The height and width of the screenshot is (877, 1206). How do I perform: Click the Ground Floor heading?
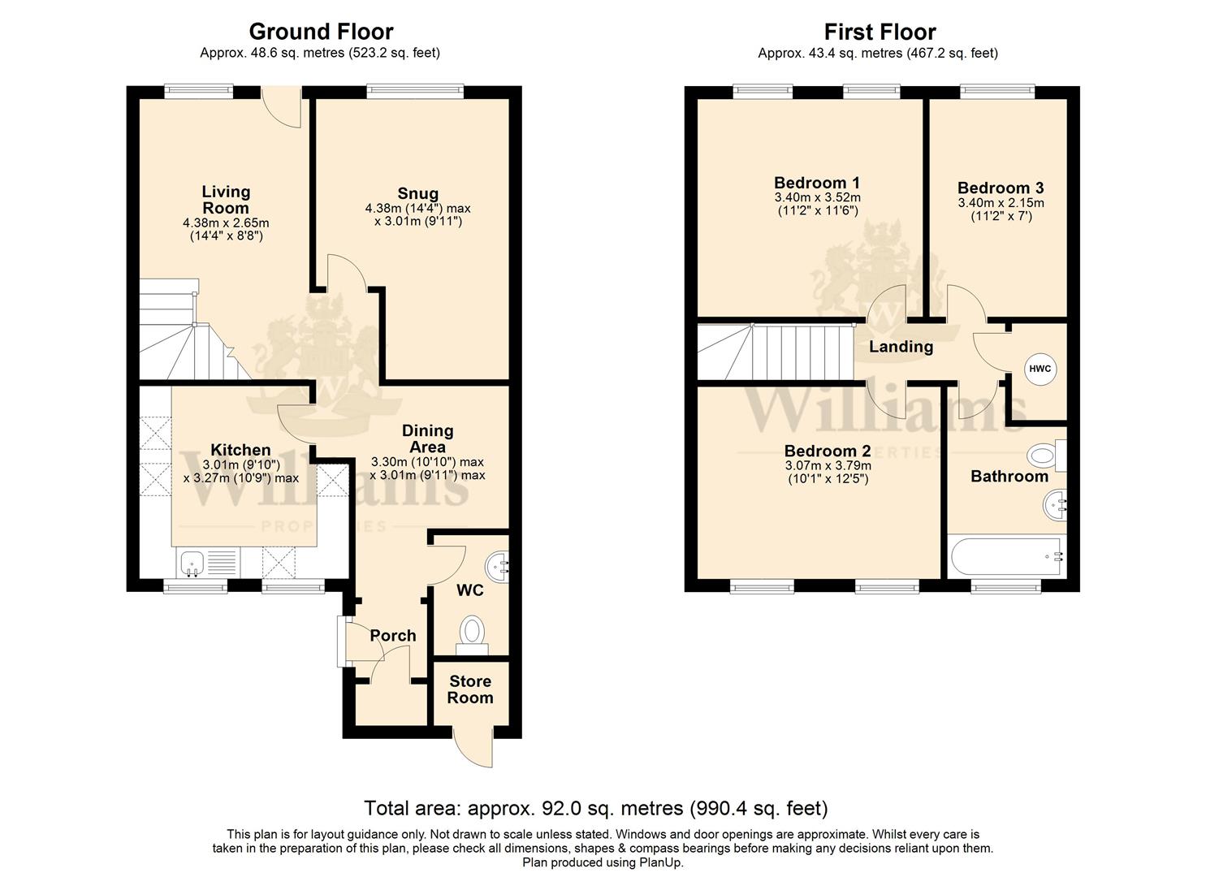point(321,32)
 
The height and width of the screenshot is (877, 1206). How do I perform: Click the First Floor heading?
point(880,32)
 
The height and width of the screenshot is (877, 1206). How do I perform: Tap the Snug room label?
point(417,193)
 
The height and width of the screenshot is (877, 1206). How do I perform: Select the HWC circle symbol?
point(1040,369)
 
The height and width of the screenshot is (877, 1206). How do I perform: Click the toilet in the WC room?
point(472,635)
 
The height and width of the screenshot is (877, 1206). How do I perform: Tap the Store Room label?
point(470,689)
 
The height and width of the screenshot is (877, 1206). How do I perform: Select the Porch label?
point(392,635)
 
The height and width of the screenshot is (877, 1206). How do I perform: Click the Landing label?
point(901,346)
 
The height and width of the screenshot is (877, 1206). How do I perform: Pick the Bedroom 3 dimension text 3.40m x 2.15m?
point(1001,203)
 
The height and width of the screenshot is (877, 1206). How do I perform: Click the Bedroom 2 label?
point(828,450)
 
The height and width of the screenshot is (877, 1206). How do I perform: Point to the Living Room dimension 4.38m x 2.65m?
point(226,222)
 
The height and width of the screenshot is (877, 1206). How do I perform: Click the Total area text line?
point(596,808)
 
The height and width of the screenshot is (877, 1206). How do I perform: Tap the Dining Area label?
point(427,438)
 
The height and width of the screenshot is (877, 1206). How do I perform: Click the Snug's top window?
point(415,92)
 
